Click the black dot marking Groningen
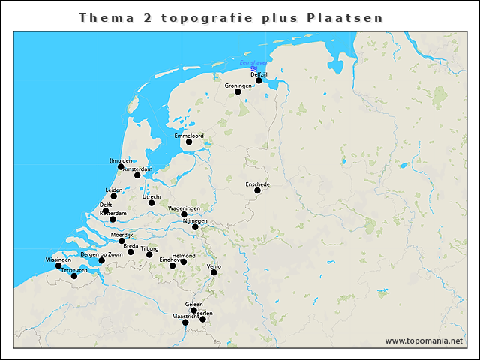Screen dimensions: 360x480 click(238, 91)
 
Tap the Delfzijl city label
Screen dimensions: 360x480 click(259, 74)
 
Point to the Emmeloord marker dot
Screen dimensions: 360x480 click(189, 142)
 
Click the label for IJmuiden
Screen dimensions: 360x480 click(121, 160)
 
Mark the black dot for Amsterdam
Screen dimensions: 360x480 click(137, 175)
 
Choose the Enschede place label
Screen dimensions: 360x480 click(257, 184)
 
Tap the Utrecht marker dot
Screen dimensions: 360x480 click(151, 202)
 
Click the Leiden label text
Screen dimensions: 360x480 click(114, 190)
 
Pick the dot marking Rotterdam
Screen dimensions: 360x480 click(112, 219)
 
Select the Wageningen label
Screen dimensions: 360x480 click(184, 208)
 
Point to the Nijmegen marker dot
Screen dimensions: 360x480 click(195, 226)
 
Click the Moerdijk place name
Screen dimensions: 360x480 click(121, 235)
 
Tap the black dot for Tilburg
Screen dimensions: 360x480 click(149, 254)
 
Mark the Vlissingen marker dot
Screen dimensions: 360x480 click(58, 265)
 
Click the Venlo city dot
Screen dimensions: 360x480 click(214, 272)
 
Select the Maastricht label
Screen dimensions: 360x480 click(185, 316)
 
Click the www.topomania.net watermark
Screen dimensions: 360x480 click(424, 340)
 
